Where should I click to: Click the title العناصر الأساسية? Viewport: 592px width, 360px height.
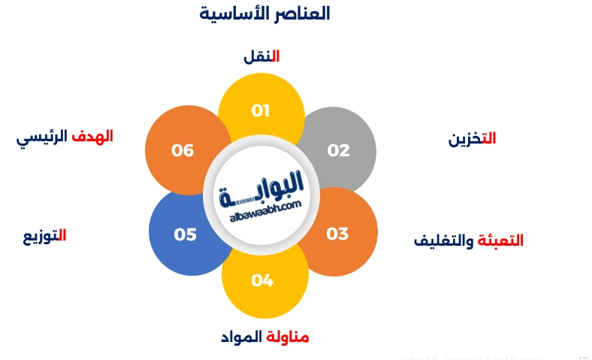pos(264,14)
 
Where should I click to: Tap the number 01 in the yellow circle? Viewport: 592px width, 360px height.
pos(261,111)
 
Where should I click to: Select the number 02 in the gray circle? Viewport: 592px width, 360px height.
pos(339,150)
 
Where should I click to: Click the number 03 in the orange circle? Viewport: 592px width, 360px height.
pos(337,234)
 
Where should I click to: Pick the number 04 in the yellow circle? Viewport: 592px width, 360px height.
pos(262,280)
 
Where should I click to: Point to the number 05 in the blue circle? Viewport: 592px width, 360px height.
pos(185,234)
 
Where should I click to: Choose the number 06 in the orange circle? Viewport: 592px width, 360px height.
pos(183,150)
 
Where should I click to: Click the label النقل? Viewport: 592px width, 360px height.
pos(261,56)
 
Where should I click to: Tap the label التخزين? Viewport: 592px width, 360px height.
pos(472,138)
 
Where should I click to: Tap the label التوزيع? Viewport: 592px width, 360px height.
pos(44,235)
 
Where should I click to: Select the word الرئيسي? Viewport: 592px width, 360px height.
pos(42,138)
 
